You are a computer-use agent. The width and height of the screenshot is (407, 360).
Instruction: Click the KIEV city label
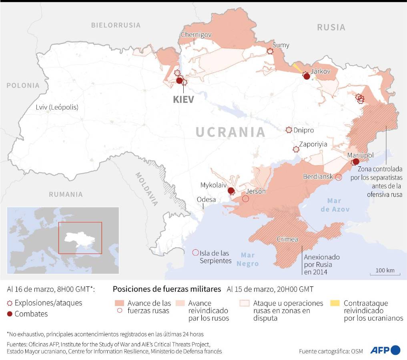183,99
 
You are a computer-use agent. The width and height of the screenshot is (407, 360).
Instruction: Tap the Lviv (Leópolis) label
57,107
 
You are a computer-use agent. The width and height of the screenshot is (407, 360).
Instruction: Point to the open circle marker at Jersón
246,198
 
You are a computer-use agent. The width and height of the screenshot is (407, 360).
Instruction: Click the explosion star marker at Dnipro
289,130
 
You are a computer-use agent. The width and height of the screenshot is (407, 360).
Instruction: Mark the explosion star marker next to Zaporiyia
296,149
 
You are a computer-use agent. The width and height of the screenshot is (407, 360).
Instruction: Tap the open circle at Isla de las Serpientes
195,252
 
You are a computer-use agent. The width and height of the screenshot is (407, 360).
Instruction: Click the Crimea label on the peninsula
287,239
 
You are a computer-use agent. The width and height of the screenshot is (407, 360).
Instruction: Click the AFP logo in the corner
385,350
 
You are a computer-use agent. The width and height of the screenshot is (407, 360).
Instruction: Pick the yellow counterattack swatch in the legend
337,303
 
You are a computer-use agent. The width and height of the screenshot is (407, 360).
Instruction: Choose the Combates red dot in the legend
10,314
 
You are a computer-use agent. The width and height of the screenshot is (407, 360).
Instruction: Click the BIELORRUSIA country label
116,25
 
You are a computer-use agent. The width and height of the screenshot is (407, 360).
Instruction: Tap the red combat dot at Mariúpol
356,162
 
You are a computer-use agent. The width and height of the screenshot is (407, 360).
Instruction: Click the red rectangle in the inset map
80,238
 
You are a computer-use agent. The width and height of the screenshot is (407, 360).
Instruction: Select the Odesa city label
206,200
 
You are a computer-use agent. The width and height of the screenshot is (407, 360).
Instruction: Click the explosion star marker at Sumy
270,52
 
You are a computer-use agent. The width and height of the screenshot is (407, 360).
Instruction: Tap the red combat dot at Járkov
307,77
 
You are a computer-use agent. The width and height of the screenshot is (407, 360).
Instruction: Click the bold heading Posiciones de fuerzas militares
167,289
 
